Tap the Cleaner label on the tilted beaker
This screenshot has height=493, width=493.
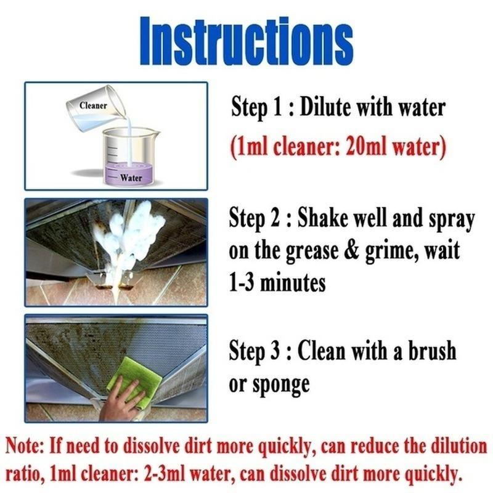(x=93, y=105)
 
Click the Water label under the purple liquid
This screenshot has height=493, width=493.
(x=130, y=178)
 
